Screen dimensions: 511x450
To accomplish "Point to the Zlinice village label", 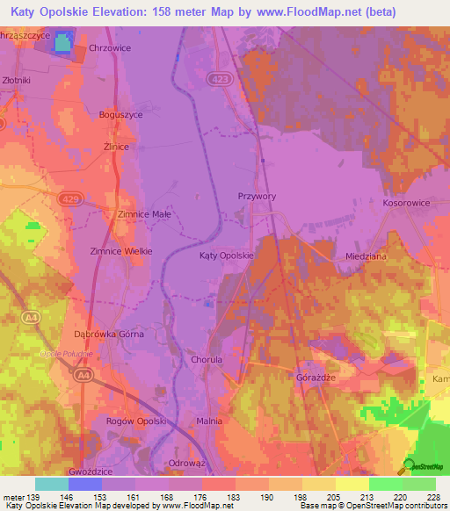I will tap(116, 148).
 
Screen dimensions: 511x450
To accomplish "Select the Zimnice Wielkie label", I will tap(121, 251).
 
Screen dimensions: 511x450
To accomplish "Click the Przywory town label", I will tap(257, 197).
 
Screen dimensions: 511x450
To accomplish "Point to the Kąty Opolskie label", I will tap(227, 255).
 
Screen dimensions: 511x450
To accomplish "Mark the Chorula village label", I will tap(209, 359).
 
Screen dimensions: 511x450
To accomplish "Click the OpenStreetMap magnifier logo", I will tap(408, 466).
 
